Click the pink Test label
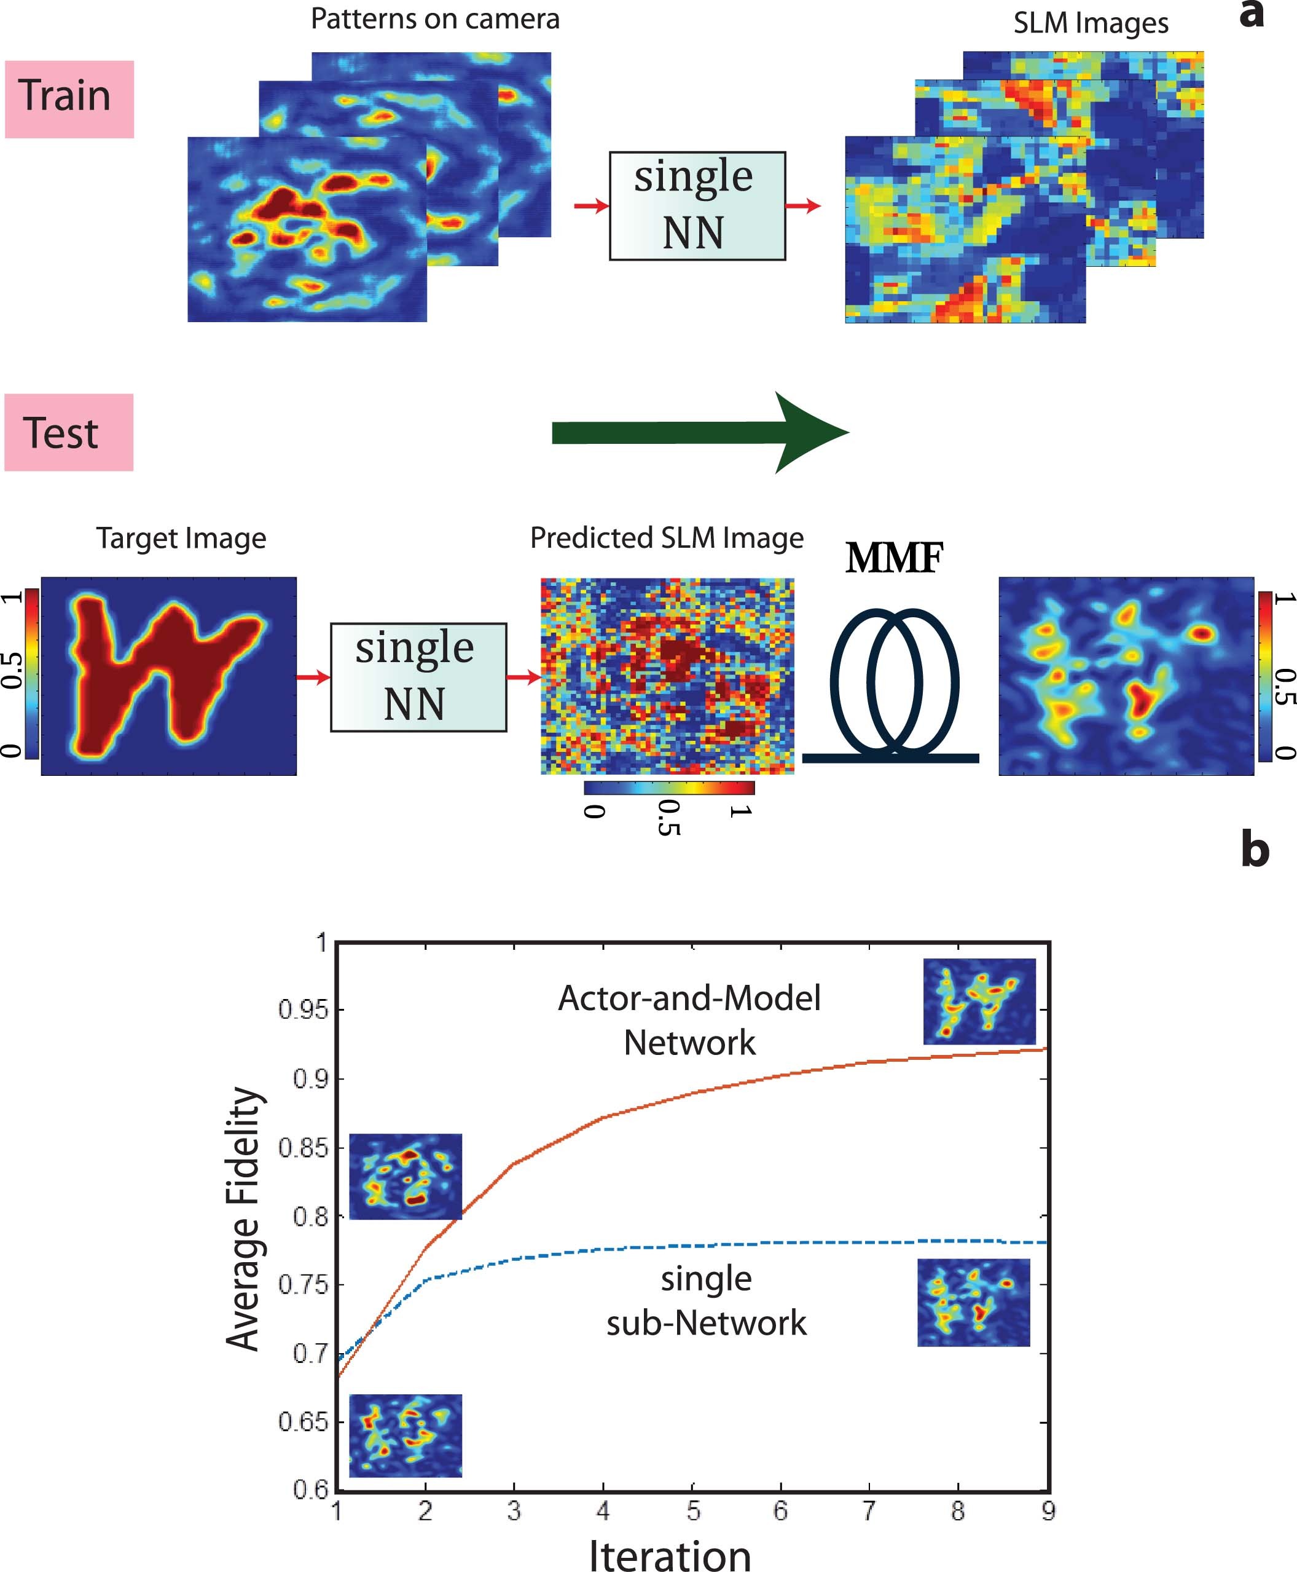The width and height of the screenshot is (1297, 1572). [69, 432]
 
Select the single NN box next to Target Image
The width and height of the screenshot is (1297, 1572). [418, 676]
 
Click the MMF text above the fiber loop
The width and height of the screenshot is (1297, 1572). [893, 558]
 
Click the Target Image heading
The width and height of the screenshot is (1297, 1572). [181, 538]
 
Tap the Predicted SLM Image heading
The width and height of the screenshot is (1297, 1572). [667, 538]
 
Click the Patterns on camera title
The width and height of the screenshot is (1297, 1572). [435, 18]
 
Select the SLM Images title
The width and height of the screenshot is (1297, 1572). [1090, 23]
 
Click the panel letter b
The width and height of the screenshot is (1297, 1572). [1255, 851]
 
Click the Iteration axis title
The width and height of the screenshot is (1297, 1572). [670, 1554]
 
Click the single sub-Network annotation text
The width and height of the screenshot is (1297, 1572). [706, 1301]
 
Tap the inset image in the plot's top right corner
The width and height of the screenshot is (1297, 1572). [979, 1001]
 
